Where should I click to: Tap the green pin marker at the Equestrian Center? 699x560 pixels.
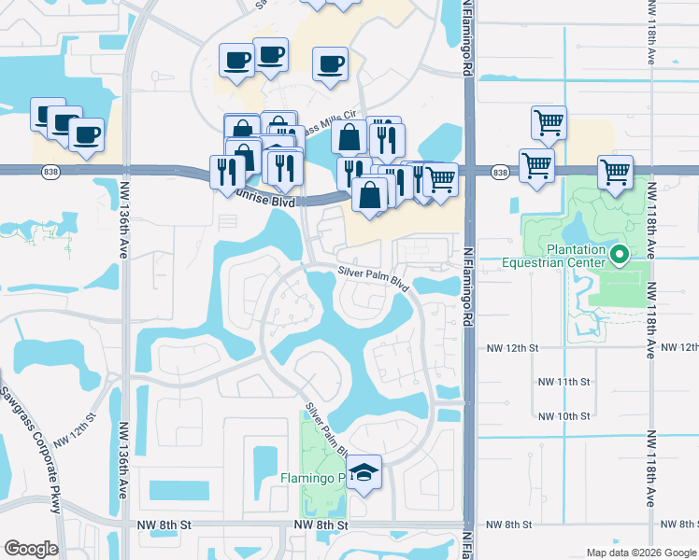tap(618, 254)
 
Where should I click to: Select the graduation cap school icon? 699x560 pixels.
tap(366, 473)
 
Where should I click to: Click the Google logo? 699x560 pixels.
tap(31, 549)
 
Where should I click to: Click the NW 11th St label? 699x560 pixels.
tap(564, 382)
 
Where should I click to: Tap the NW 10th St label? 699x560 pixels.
tap(564, 416)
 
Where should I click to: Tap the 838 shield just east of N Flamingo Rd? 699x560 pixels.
tap(500, 173)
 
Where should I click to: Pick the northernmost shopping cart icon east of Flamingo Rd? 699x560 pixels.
tap(549, 121)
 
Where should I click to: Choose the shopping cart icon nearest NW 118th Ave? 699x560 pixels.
tap(616, 172)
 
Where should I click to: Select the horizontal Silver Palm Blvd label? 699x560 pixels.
tap(375, 277)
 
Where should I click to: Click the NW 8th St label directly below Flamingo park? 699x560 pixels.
tap(321, 525)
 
